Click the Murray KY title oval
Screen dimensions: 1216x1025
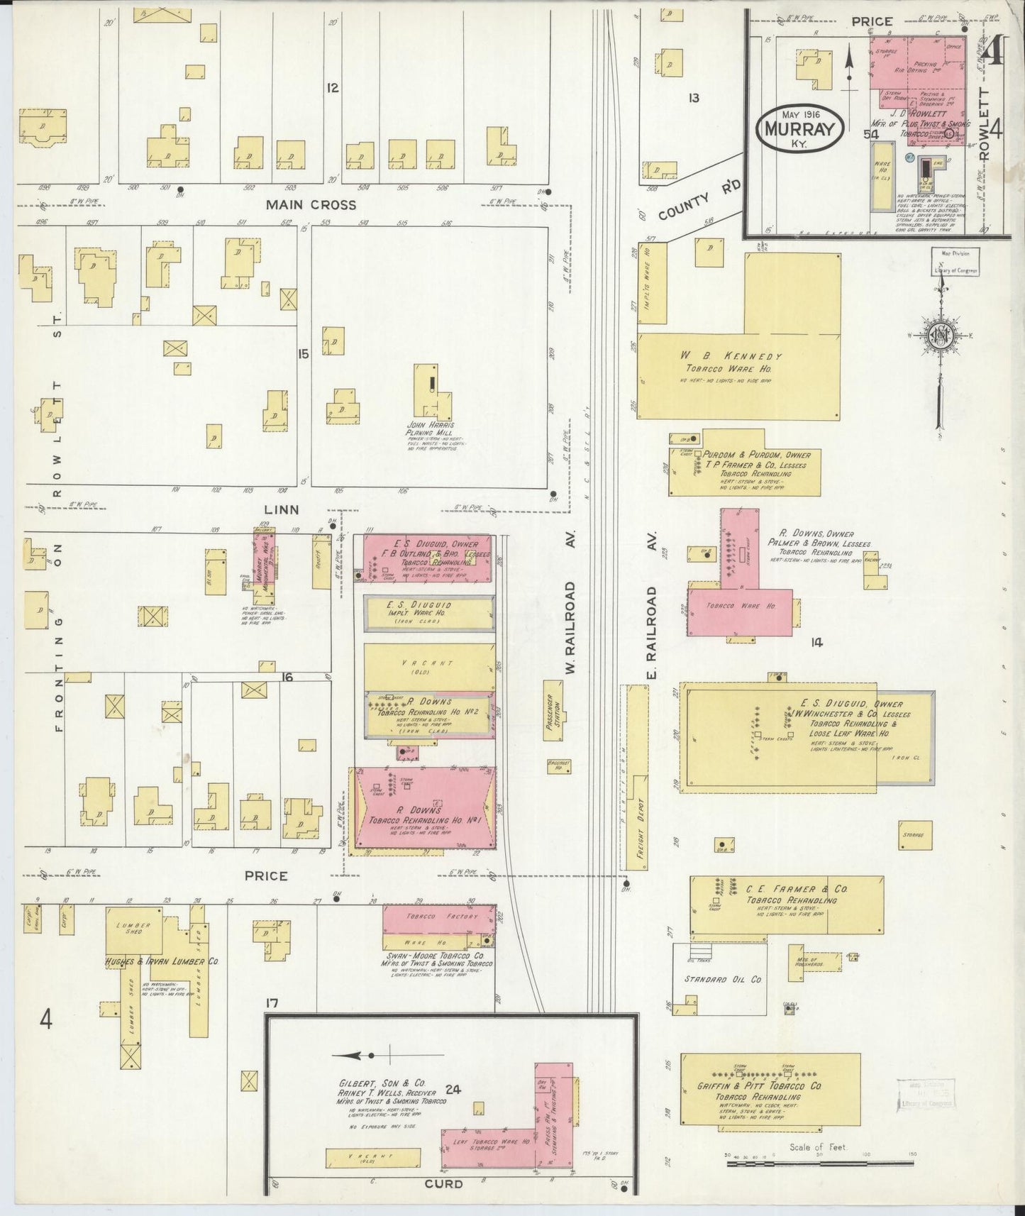[x=802, y=128]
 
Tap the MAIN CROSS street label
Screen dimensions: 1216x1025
[x=311, y=205]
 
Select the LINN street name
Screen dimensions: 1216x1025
[x=282, y=509]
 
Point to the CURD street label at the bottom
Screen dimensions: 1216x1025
[x=444, y=1183]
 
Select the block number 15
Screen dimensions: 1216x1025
[x=304, y=353]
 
